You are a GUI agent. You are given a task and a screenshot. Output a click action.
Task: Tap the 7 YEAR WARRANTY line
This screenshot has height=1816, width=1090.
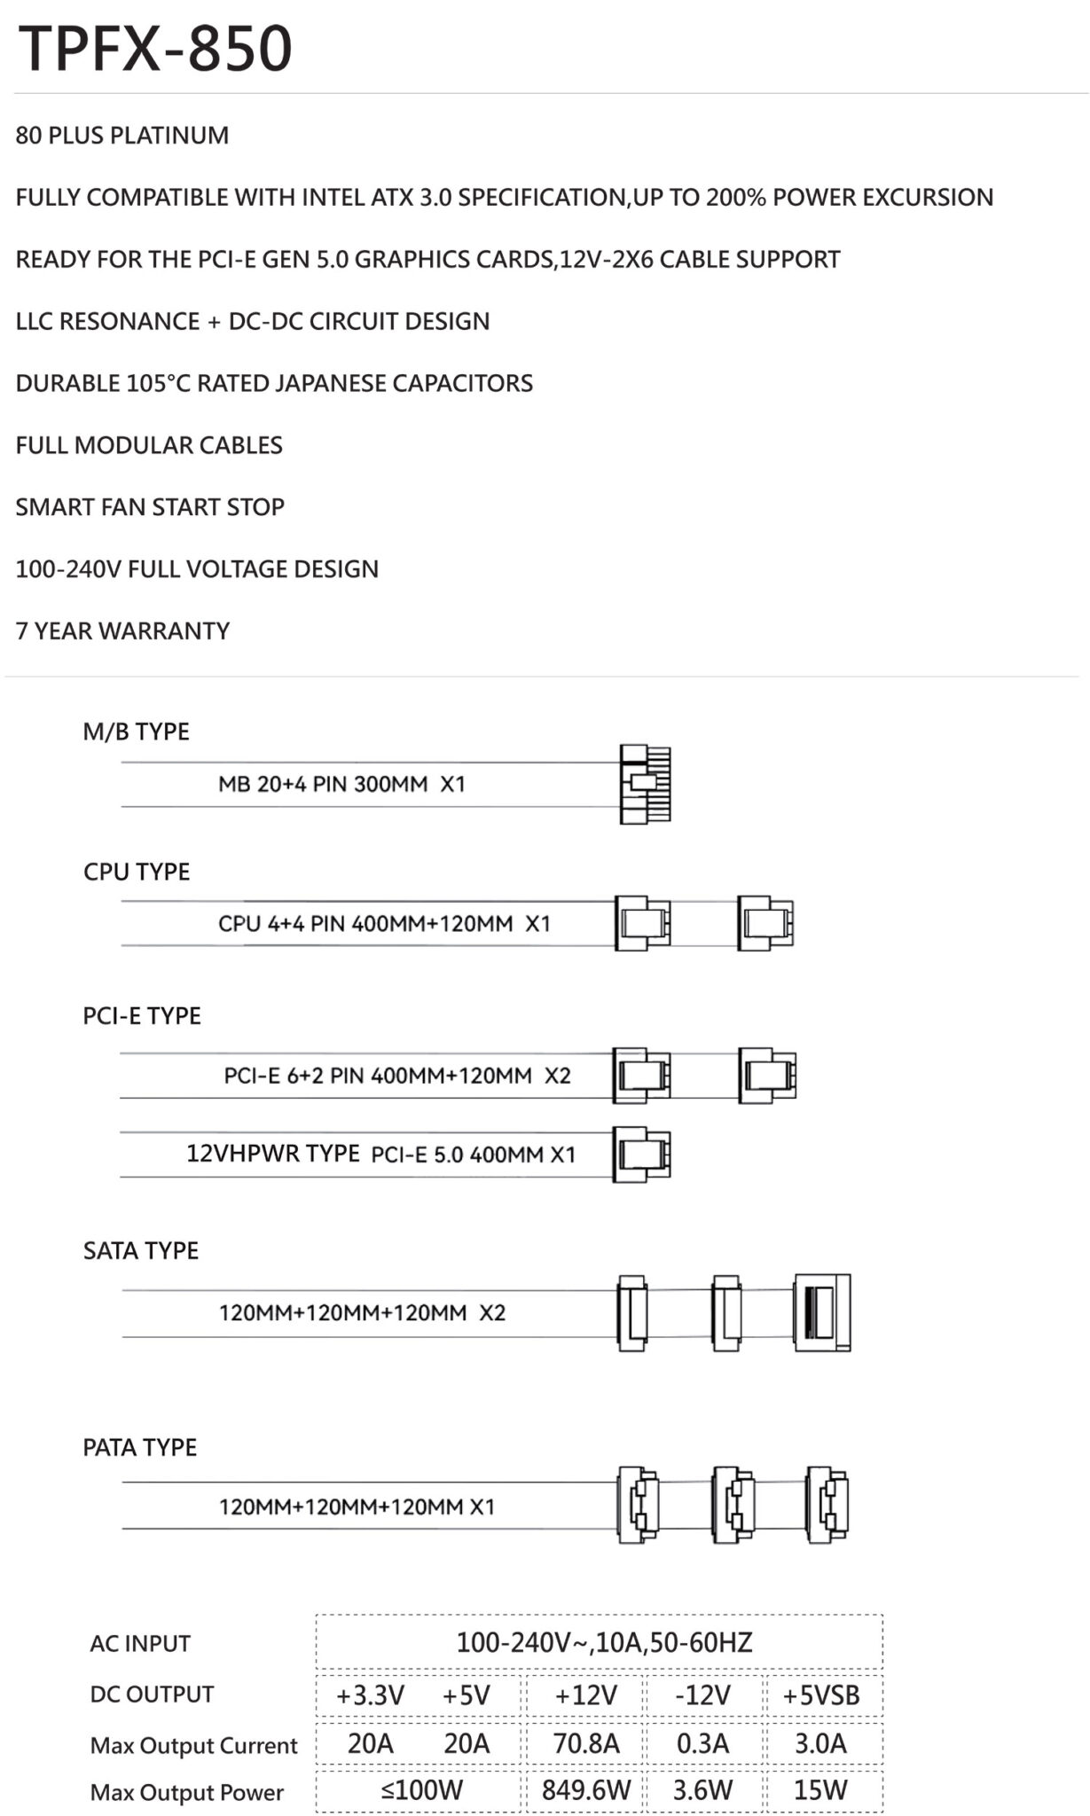pyautogui.click(x=122, y=630)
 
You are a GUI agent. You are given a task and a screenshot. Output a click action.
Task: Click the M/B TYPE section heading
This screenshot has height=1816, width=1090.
pyautogui.click(x=137, y=732)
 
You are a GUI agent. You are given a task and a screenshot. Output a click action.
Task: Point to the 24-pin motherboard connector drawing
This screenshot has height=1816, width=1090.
pyautogui.click(x=646, y=784)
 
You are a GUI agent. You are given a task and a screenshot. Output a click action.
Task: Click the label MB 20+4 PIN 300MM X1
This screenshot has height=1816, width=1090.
pyautogui.click(x=341, y=784)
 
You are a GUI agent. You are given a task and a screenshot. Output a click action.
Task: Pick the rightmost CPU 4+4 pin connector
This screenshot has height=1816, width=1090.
pyautogui.click(x=765, y=923)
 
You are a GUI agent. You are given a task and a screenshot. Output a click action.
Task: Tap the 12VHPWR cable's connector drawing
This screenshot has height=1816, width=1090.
pyautogui.click(x=642, y=1154)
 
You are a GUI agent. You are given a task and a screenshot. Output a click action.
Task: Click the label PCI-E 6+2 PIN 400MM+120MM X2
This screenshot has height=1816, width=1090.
pyautogui.click(x=397, y=1076)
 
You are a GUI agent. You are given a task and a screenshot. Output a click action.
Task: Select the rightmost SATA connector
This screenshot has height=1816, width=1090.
pyautogui.click(x=822, y=1312)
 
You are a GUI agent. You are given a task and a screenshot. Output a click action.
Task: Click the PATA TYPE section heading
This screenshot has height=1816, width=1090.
pyautogui.click(x=140, y=1447)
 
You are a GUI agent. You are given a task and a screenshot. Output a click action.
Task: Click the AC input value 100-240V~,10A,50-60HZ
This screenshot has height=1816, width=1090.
pyautogui.click(x=604, y=1642)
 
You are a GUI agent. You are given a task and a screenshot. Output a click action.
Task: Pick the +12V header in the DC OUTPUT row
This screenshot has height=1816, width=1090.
pyautogui.click(x=585, y=1695)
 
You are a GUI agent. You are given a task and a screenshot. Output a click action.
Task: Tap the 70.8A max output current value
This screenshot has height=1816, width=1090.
pyautogui.click(x=586, y=1743)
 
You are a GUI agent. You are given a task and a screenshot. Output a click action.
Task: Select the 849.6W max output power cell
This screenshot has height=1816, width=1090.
pyautogui.click(x=586, y=1789)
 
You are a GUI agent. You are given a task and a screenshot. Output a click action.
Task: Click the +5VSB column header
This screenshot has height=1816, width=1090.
pyautogui.click(x=821, y=1695)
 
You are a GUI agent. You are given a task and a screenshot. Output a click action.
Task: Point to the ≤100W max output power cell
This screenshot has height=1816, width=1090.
pyautogui.click(x=421, y=1789)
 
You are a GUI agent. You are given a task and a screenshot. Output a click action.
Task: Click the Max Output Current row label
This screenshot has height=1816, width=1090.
pyautogui.click(x=193, y=1745)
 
